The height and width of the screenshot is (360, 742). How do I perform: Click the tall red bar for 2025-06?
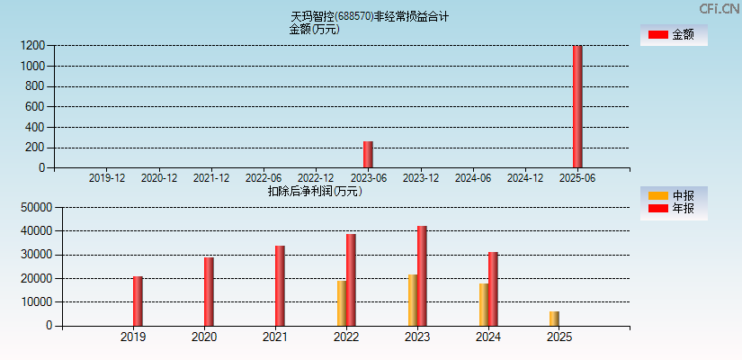tap(577, 106)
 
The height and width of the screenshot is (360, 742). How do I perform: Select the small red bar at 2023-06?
tap(368, 154)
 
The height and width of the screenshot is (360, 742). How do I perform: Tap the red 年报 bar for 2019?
tap(138, 301)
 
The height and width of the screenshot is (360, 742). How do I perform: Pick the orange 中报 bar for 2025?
tap(554, 319)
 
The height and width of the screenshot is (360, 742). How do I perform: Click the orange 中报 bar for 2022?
tap(342, 303)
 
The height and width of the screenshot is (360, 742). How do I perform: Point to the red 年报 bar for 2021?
tap(280, 285)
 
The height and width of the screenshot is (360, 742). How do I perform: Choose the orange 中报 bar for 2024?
tap(484, 304)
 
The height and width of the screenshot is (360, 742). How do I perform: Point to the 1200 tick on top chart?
tap(33, 45)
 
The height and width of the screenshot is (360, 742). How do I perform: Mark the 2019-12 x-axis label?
tap(107, 178)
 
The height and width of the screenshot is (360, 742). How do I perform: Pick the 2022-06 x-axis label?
tap(264, 178)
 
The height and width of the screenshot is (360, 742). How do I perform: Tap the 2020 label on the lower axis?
tap(204, 337)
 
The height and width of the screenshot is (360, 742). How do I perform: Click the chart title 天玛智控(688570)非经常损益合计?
tap(370, 16)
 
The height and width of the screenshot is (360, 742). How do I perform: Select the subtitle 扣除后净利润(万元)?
tap(315, 191)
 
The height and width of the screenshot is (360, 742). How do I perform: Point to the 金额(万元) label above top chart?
tap(314, 29)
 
